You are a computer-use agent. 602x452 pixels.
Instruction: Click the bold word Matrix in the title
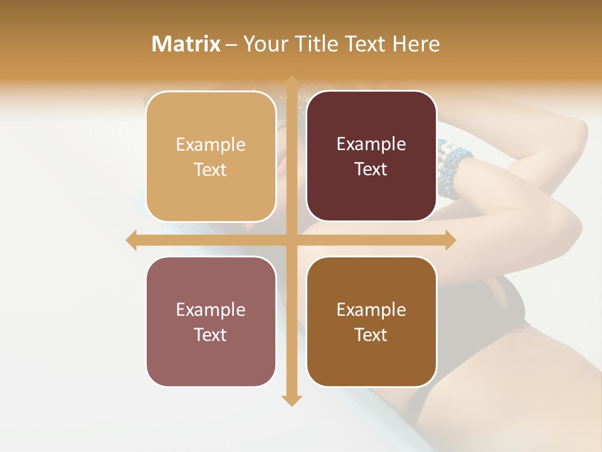186,44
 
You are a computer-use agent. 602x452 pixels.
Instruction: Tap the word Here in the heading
416,44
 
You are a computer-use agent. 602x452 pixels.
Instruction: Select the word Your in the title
264,44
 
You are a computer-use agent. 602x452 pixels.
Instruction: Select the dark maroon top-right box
371,195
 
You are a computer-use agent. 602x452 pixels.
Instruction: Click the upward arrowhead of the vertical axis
291,82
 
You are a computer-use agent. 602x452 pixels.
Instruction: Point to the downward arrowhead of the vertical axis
291,401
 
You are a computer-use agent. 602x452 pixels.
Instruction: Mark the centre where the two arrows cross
291,240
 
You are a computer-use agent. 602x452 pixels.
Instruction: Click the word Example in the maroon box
371,144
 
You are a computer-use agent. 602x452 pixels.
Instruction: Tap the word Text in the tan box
211,169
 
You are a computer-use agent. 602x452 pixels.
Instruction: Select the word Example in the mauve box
211,309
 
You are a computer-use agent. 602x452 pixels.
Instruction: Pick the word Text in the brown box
371,335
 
